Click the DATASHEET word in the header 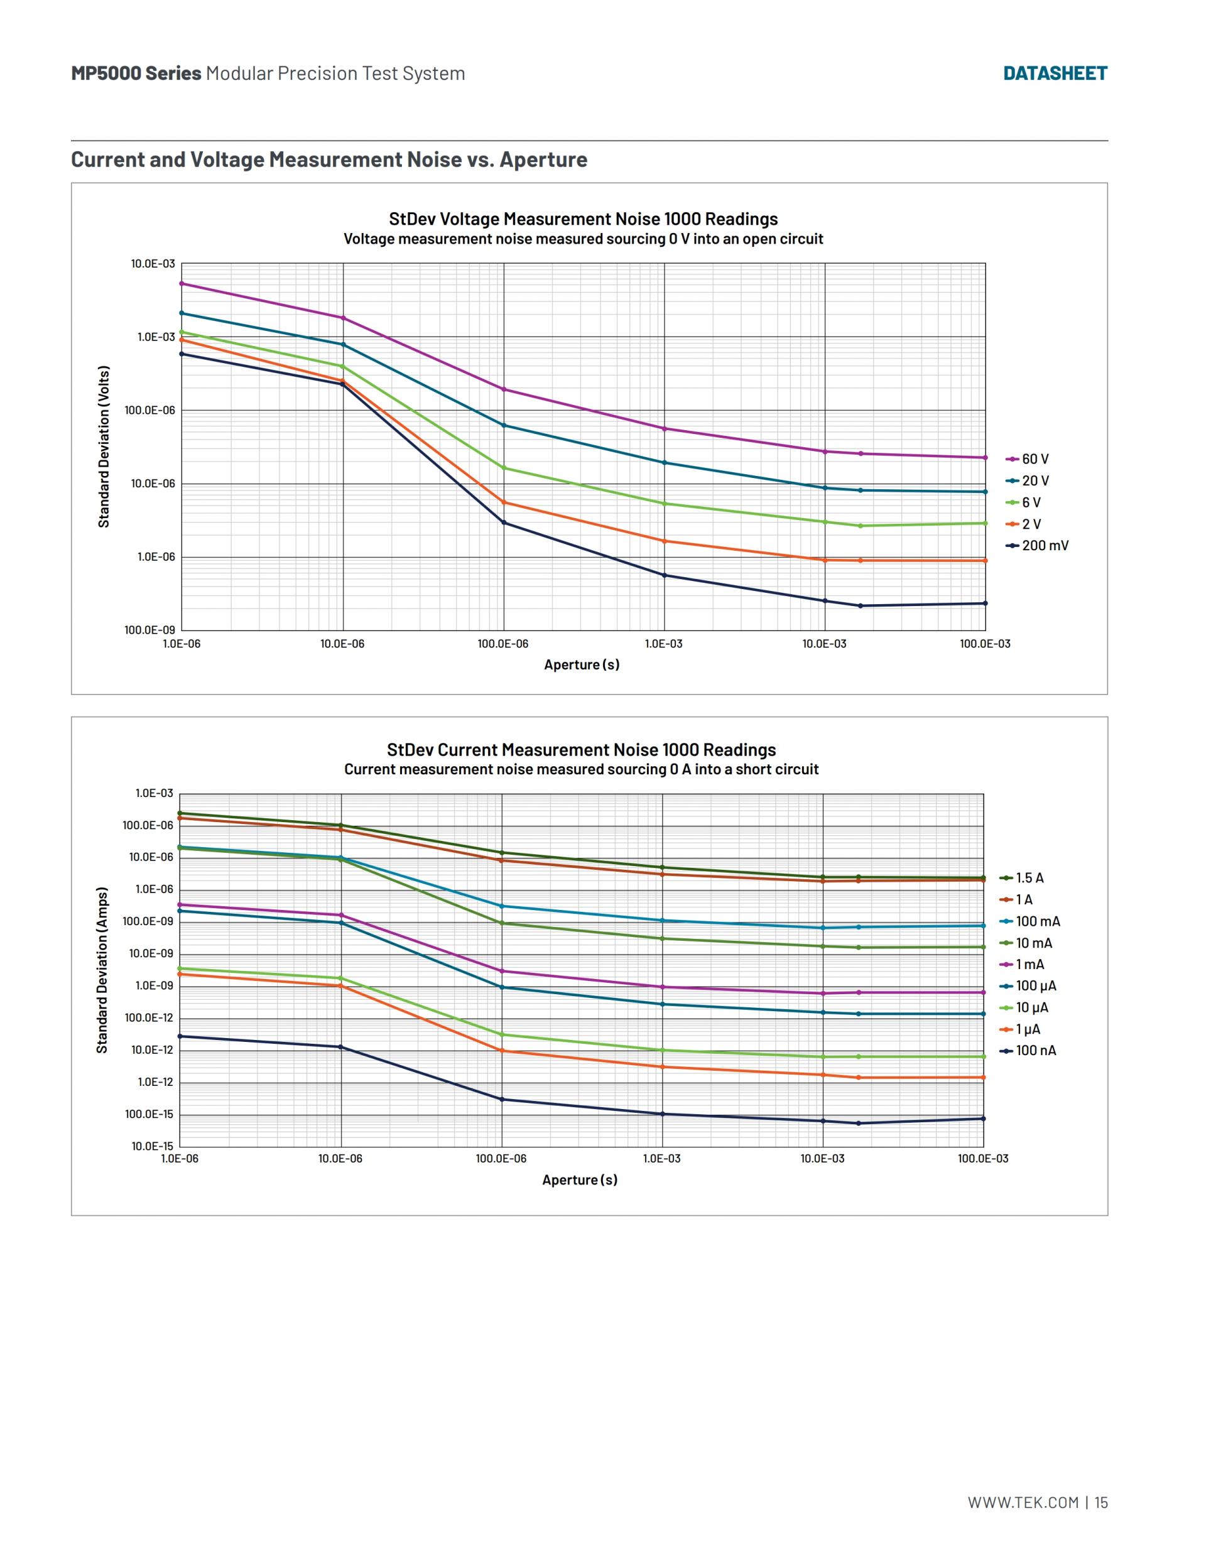pos(1055,73)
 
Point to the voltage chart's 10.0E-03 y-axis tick pos(153,264)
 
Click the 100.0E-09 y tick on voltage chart pos(150,630)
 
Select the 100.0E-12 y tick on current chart pos(149,1018)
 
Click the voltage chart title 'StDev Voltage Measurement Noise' pos(583,219)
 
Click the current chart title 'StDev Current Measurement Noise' pos(581,750)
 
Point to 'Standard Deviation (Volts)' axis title pos(104,447)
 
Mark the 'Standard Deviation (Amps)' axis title pos(102,970)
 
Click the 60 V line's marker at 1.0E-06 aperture pos(182,284)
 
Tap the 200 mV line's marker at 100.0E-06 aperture pos(504,523)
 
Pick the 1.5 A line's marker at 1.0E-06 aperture pos(180,813)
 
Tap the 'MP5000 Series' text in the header pos(136,73)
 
